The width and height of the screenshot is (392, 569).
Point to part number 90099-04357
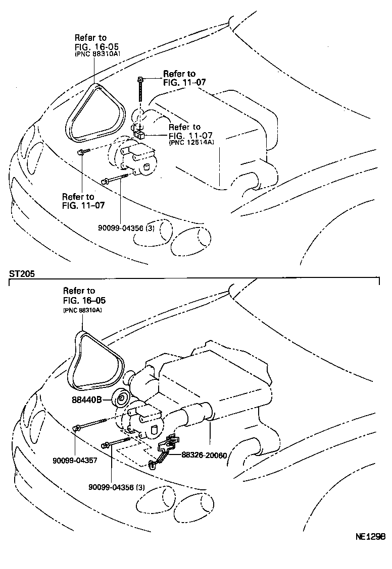point(75,460)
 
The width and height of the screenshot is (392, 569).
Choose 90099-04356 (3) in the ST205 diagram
point(117,487)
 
